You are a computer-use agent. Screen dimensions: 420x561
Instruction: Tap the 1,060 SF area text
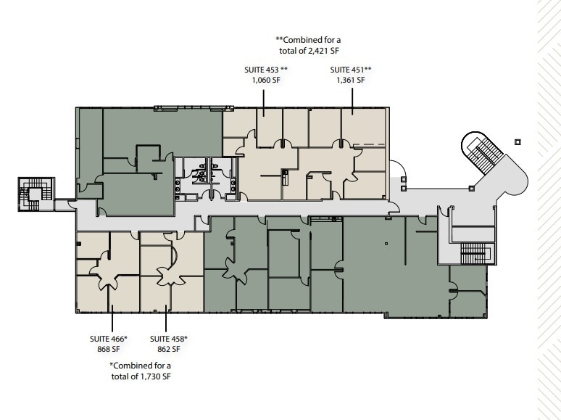tap(266, 80)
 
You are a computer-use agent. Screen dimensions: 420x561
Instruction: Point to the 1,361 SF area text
tap(351, 80)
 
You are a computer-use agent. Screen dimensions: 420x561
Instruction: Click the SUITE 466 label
tap(109, 339)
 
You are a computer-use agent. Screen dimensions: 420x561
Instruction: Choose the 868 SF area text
tap(109, 349)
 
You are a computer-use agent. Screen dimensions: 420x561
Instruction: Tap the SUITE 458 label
tap(169, 339)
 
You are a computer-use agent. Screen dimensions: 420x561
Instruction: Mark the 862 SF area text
tap(169, 349)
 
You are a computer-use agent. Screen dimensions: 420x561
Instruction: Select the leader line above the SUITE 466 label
tap(111, 319)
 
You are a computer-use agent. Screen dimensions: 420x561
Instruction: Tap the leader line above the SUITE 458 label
tap(167, 319)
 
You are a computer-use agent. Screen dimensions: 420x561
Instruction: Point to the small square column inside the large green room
tap(386, 243)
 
